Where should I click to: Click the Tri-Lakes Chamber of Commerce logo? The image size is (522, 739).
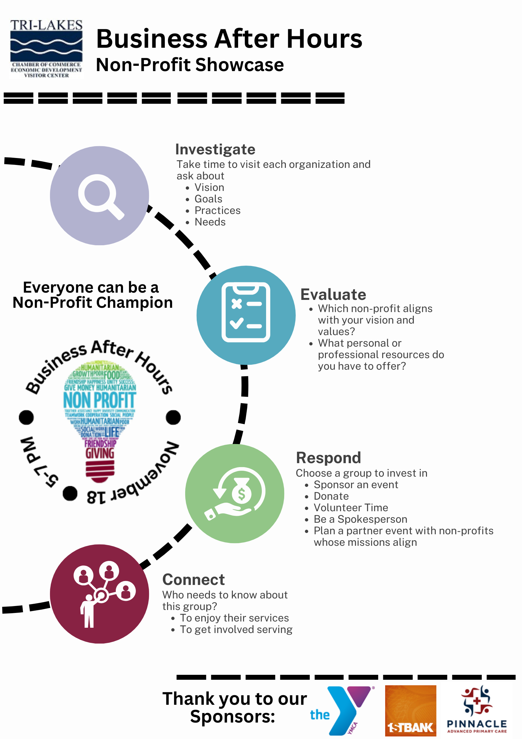tap(46, 49)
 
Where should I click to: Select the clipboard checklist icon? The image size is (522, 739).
tap(246, 312)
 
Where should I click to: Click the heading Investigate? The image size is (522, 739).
tap(215, 149)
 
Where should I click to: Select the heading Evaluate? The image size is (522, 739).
tap(333, 294)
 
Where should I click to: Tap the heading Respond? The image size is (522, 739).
tap(328, 458)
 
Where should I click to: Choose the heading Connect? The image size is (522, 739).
tap(193, 580)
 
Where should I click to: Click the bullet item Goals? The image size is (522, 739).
tap(208, 199)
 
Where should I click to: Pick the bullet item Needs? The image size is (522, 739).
tap(210, 222)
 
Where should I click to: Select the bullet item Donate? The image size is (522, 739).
tap(331, 496)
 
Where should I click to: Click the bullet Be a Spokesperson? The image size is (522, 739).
tap(360, 519)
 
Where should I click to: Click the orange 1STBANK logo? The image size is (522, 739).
tap(410, 710)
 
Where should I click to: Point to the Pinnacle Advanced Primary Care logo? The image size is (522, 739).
tap(477, 710)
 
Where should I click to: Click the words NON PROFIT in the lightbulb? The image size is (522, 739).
tap(99, 400)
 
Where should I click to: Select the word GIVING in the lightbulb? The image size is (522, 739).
tap(100, 454)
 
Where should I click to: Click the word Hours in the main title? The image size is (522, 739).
tap(324, 39)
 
